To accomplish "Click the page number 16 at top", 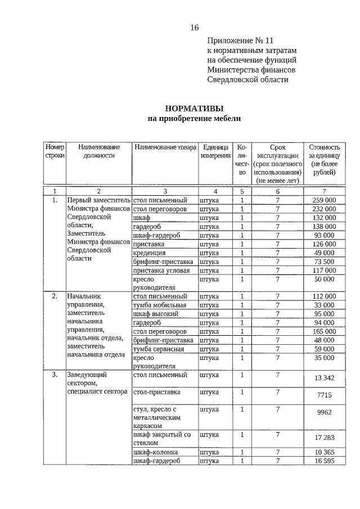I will click(x=194, y=28).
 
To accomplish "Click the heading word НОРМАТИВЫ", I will click(x=193, y=109).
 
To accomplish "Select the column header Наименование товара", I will click(x=165, y=147).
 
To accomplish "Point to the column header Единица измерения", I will click(x=215, y=151).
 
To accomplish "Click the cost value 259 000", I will click(x=324, y=200).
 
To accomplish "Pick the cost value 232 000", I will click(x=324, y=209).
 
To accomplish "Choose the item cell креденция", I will click(x=149, y=253).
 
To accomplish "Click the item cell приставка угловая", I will click(x=160, y=271).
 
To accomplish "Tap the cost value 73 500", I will click(x=324, y=262).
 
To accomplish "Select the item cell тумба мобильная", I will click(x=160, y=305).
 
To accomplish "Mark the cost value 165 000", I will click(x=324, y=331).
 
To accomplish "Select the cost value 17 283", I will click(x=324, y=437).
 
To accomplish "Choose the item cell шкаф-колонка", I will click(x=156, y=452).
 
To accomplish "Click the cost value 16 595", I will click(x=324, y=461).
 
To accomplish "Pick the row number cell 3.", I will click(x=55, y=374).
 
